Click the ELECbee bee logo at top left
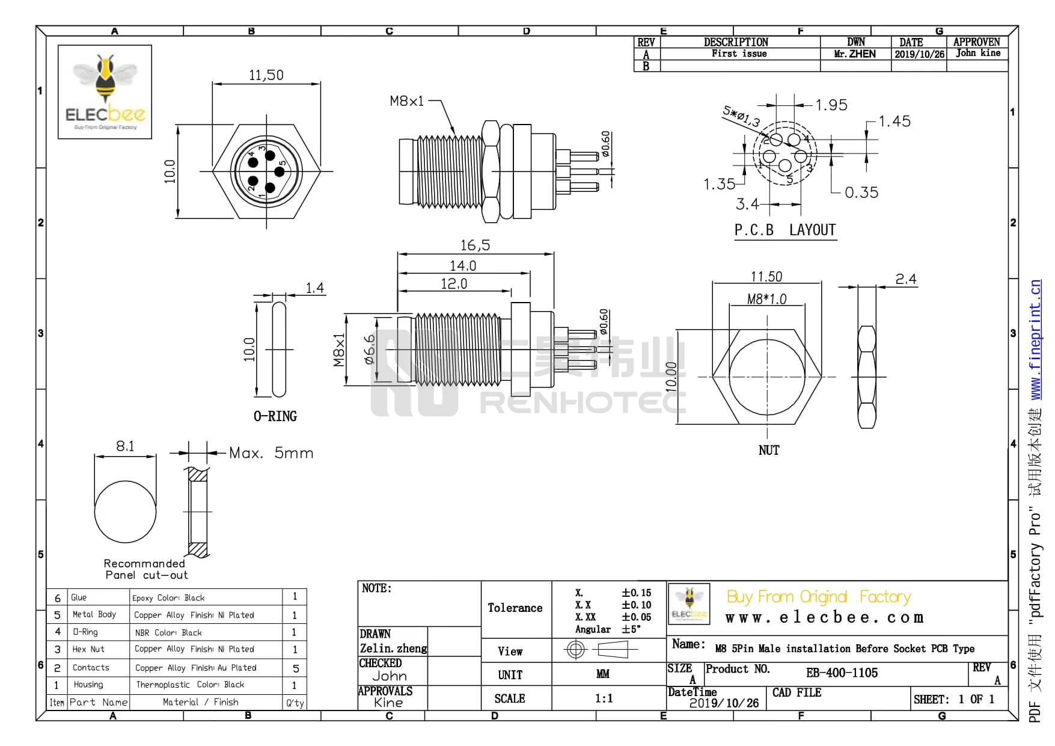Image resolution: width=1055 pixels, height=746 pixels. [105, 91]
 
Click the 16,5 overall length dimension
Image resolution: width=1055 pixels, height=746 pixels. [475, 245]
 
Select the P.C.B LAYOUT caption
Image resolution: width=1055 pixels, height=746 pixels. [785, 230]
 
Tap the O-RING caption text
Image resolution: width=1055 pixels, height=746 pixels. [275, 416]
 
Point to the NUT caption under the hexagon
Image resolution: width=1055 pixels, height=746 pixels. [769, 450]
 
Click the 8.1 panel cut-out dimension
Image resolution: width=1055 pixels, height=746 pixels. [125, 446]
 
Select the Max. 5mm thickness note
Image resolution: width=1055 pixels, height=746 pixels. [271, 453]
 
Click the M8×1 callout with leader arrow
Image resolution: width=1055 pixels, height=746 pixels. [407, 101]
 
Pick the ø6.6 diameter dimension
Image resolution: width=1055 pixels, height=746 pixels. [369, 350]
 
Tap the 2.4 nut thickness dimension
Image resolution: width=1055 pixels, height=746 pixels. [905, 279]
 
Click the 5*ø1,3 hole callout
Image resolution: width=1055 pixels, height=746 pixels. [741, 116]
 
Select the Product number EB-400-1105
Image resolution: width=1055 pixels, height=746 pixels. [842, 673]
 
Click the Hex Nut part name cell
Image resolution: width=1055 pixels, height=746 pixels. [88, 649]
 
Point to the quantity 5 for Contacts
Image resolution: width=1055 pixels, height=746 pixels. [295, 668]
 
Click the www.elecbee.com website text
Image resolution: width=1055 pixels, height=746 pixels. [824, 618]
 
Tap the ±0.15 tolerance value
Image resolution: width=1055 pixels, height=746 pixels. [636, 593]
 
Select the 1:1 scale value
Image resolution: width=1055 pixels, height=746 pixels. [604, 698]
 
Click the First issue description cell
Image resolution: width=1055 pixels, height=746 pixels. [739, 54]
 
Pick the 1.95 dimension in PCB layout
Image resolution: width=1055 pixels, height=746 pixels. [831, 105]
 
